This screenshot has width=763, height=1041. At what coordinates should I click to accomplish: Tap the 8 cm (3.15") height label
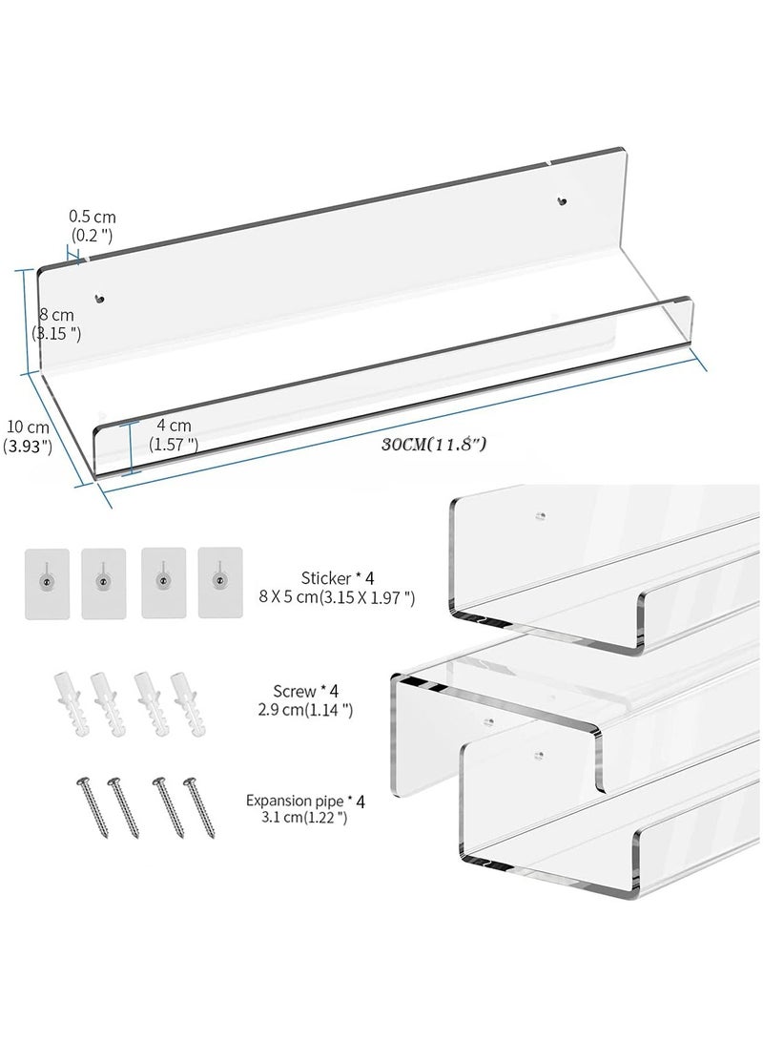[x=56, y=324]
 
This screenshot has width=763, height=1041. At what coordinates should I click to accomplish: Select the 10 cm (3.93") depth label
[x=28, y=437]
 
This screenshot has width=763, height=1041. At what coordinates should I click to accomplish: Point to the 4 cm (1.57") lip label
[x=173, y=434]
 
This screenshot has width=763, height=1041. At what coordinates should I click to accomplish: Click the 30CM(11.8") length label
[x=434, y=443]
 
